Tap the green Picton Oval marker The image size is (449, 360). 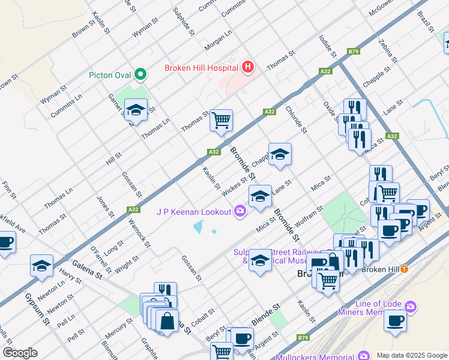[140, 75]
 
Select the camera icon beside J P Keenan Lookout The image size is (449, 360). [240, 211]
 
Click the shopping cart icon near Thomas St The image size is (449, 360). [221, 120]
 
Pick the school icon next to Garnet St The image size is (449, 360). [136, 110]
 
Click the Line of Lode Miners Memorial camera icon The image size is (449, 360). [411, 308]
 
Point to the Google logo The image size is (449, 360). [20, 353]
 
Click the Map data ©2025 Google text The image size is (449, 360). [411, 355]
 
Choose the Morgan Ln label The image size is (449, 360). [218, 42]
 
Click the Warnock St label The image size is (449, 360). [139, 233]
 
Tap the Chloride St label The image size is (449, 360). [296, 119]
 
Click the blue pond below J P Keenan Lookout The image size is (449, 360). [199, 228]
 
